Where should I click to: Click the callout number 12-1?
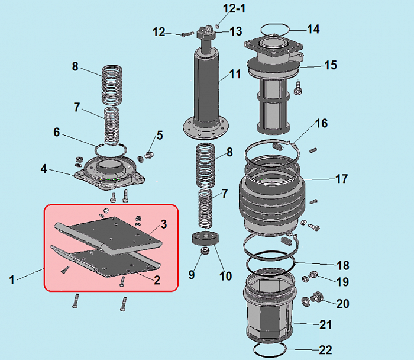(x=234, y=9)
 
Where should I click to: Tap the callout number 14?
(x=313, y=29)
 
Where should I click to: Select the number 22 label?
(x=325, y=350)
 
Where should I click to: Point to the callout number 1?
(x=12, y=280)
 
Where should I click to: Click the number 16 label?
(x=321, y=123)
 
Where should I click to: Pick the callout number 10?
(x=225, y=276)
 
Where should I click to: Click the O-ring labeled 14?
(x=275, y=29)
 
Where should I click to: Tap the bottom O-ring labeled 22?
(x=270, y=350)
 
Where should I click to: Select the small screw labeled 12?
(x=188, y=34)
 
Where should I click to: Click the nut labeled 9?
(x=205, y=250)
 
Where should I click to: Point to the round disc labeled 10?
(x=205, y=238)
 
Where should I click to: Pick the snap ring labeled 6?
(x=111, y=150)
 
